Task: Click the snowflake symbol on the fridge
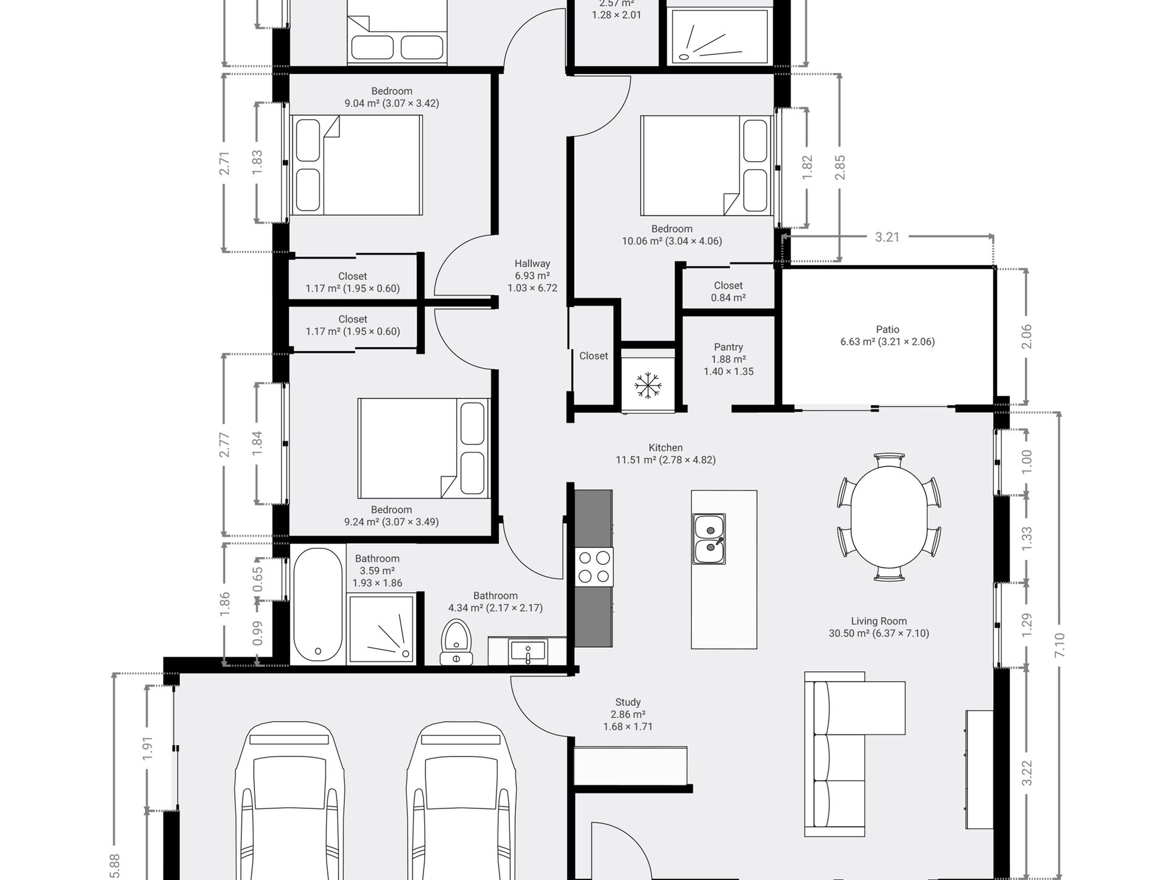pyautogui.click(x=648, y=385)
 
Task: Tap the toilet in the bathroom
pyautogui.click(x=456, y=642)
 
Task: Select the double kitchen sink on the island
pyautogui.click(x=709, y=538)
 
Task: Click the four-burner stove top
pyautogui.click(x=594, y=567)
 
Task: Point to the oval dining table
pyautogui.click(x=889, y=518)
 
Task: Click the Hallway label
pyautogui.click(x=532, y=264)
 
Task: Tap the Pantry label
pyautogui.click(x=728, y=347)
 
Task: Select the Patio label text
pyautogui.click(x=887, y=330)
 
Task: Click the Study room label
pyautogui.click(x=628, y=702)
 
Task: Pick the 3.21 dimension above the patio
pyautogui.click(x=887, y=237)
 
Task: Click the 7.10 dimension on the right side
pyautogui.click(x=1060, y=645)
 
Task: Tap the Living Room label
pyautogui.click(x=879, y=621)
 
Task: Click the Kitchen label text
pyautogui.click(x=666, y=448)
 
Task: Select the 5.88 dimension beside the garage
pyautogui.click(x=115, y=865)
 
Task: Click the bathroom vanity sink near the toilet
pyautogui.click(x=528, y=652)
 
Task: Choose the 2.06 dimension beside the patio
pyautogui.click(x=1027, y=337)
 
